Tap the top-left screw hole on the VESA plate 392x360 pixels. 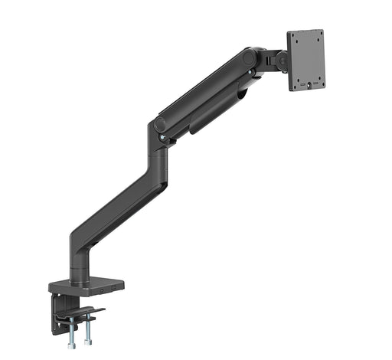point(294,38)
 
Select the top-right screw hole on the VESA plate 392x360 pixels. point(318,35)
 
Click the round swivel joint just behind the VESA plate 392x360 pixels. point(283,59)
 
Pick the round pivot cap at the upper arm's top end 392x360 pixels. point(250,57)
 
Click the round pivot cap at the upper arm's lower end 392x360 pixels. point(159,124)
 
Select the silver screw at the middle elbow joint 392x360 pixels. point(162,139)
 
